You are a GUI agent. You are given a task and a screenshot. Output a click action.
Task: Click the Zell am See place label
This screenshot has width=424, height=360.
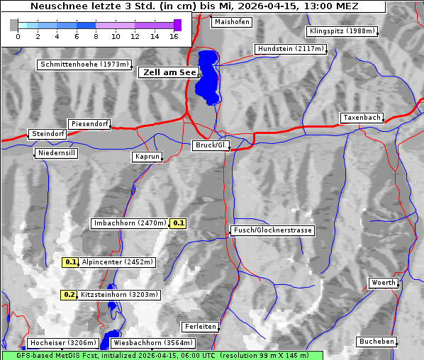169,72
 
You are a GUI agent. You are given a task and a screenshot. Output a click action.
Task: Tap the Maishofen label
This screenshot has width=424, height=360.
231,22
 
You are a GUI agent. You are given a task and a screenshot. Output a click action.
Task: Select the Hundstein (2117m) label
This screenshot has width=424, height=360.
291,50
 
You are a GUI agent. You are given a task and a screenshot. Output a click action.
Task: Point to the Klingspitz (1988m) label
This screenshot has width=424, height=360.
342,31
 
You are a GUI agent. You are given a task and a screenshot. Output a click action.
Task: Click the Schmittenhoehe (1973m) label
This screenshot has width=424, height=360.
84,64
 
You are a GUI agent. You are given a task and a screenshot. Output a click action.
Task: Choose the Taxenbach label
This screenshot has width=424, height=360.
362,118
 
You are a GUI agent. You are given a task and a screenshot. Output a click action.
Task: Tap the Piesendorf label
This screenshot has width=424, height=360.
89,124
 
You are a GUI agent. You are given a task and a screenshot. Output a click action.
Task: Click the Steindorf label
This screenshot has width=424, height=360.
48,134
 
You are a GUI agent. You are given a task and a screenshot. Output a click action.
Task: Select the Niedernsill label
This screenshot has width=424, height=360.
56,153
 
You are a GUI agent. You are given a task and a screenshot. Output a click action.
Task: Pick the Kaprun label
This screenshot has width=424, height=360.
147,157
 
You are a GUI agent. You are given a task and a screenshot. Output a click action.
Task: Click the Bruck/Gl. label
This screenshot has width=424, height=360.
211,145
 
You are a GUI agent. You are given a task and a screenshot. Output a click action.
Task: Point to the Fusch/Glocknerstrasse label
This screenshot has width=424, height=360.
273,230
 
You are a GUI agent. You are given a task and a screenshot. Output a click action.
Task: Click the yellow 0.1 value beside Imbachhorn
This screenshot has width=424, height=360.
179,223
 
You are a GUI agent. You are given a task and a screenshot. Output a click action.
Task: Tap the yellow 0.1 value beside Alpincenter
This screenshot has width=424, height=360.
71,262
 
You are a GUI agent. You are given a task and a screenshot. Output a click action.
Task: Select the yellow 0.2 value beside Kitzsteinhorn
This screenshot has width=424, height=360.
69,295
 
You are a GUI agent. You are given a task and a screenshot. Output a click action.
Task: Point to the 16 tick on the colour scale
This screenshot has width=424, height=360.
174,36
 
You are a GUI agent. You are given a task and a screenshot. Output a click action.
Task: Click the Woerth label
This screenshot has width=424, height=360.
384,283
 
